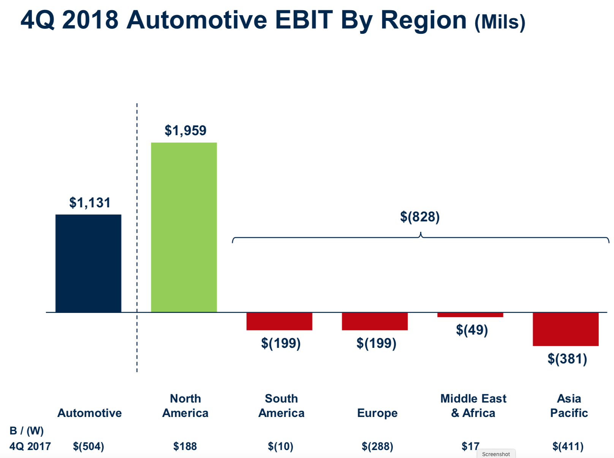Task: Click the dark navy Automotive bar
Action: [88, 263]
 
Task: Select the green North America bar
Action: [184, 227]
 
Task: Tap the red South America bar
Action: [279, 321]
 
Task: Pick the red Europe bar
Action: [375, 321]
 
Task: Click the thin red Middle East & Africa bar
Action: [470, 315]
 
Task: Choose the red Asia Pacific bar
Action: [565, 329]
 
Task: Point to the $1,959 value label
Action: [185, 131]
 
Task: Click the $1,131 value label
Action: [90, 203]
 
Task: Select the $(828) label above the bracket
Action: [420, 217]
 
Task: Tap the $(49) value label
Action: [472, 330]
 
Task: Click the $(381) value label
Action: [567, 359]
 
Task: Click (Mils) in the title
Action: [500, 22]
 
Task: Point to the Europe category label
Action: [377, 413]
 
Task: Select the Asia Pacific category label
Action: [569, 406]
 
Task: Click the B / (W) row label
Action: [27, 431]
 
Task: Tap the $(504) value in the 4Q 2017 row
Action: [89, 446]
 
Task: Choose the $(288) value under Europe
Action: [377, 446]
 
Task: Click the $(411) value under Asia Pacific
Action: [568, 446]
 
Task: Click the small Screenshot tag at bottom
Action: [496, 454]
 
